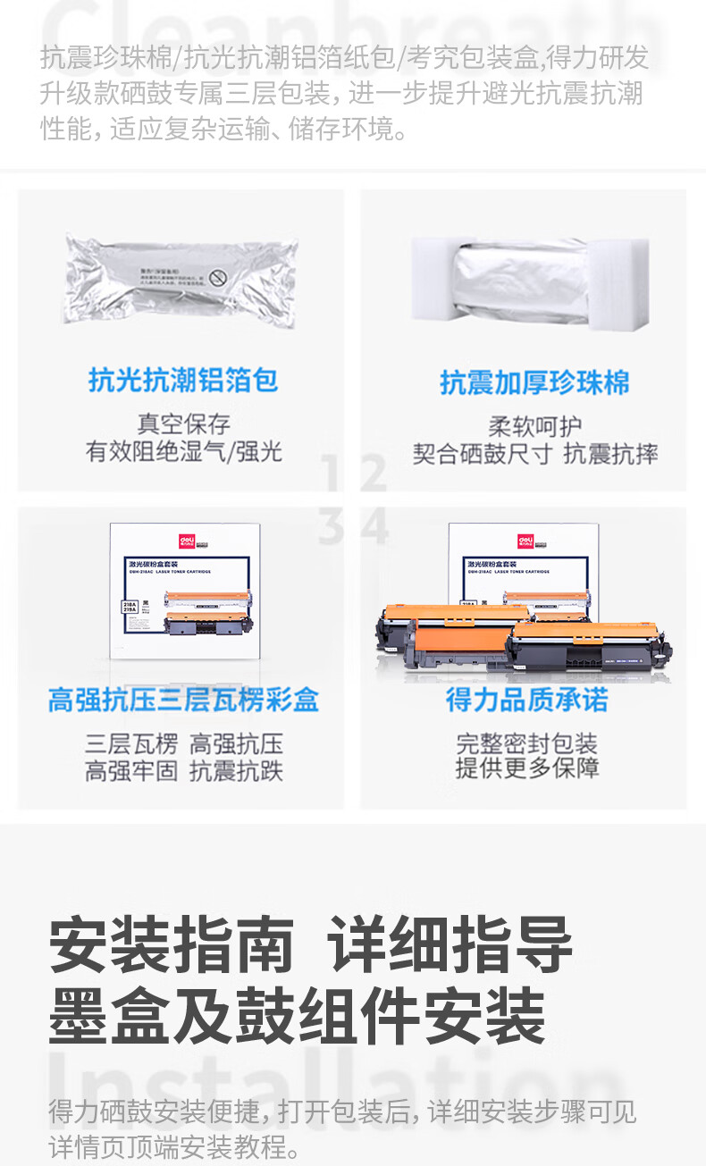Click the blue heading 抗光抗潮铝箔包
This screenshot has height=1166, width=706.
pyautogui.click(x=183, y=381)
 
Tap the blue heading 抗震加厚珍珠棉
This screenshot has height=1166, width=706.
pyautogui.click(x=534, y=382)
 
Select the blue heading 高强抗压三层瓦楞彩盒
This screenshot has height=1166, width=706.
pyautogui.click(x=183, y=700)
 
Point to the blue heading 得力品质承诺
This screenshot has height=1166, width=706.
pyautogui.click(x=527, y=700)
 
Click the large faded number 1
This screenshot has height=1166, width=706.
pyautogui.click(x=332, y=474)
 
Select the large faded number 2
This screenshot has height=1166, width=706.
pyautogui.click(x=373, y=474)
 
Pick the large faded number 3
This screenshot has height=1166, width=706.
pyautogui.click(x=332, y=526)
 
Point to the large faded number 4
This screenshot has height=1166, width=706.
pyautogui.click(x=374, y=526)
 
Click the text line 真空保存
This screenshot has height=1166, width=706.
pyautogui.click(x=183, y=423)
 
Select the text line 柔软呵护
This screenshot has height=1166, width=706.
pyautogui.click(x=534, y=426)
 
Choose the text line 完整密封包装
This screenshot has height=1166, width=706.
pyautogui.click(x=527, y=743)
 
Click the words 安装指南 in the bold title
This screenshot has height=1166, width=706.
pyautogui.click(x=172, y=945)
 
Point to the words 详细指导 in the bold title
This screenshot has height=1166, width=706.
pyautogui.click(x=450, y=945)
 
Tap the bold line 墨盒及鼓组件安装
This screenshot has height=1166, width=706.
pyautogui.click(x=297, y=1015)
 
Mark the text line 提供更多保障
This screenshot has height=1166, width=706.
pyautogui.click(x=527, y=768)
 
